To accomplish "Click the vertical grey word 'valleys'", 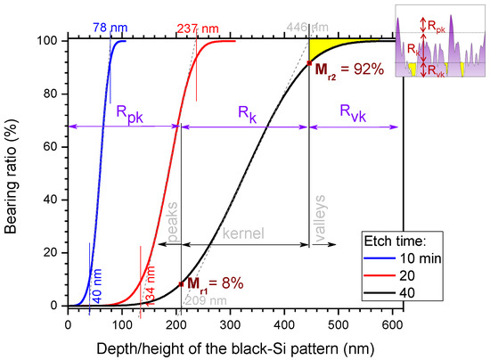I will (320, 217).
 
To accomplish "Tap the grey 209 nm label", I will (196, 301).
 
